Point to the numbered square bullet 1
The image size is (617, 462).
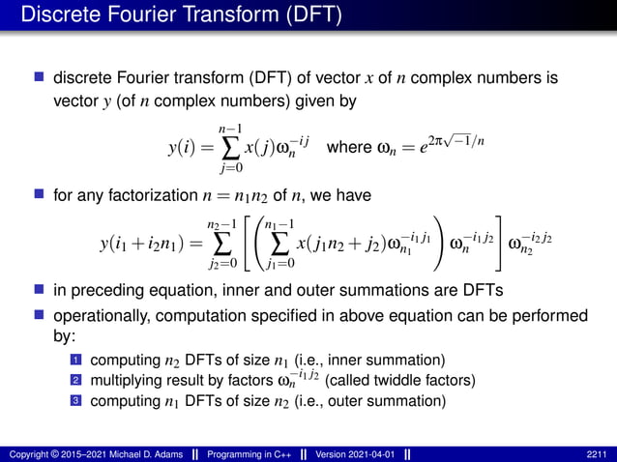pyautogui.click(x=75, y=361)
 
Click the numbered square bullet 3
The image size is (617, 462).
pyautogui.click(x=75, y=401)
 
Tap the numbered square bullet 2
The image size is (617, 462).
pyautogui.click(x=75, y=381)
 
